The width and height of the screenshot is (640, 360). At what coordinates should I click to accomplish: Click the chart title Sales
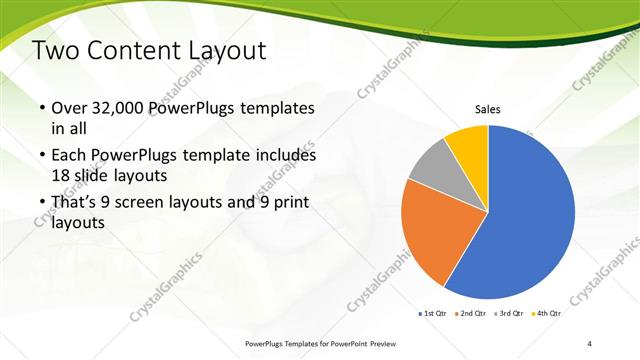click(487, 110)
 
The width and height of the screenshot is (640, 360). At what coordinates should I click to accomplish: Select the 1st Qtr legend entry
click(434, 314)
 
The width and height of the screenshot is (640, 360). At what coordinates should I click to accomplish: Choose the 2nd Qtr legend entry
click(473, 314)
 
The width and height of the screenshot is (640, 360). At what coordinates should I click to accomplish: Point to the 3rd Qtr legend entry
click(511, 314)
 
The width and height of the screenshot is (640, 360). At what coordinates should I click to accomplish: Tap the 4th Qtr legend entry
click(548, 314)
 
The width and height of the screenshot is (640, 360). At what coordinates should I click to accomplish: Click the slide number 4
click(590, 343)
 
